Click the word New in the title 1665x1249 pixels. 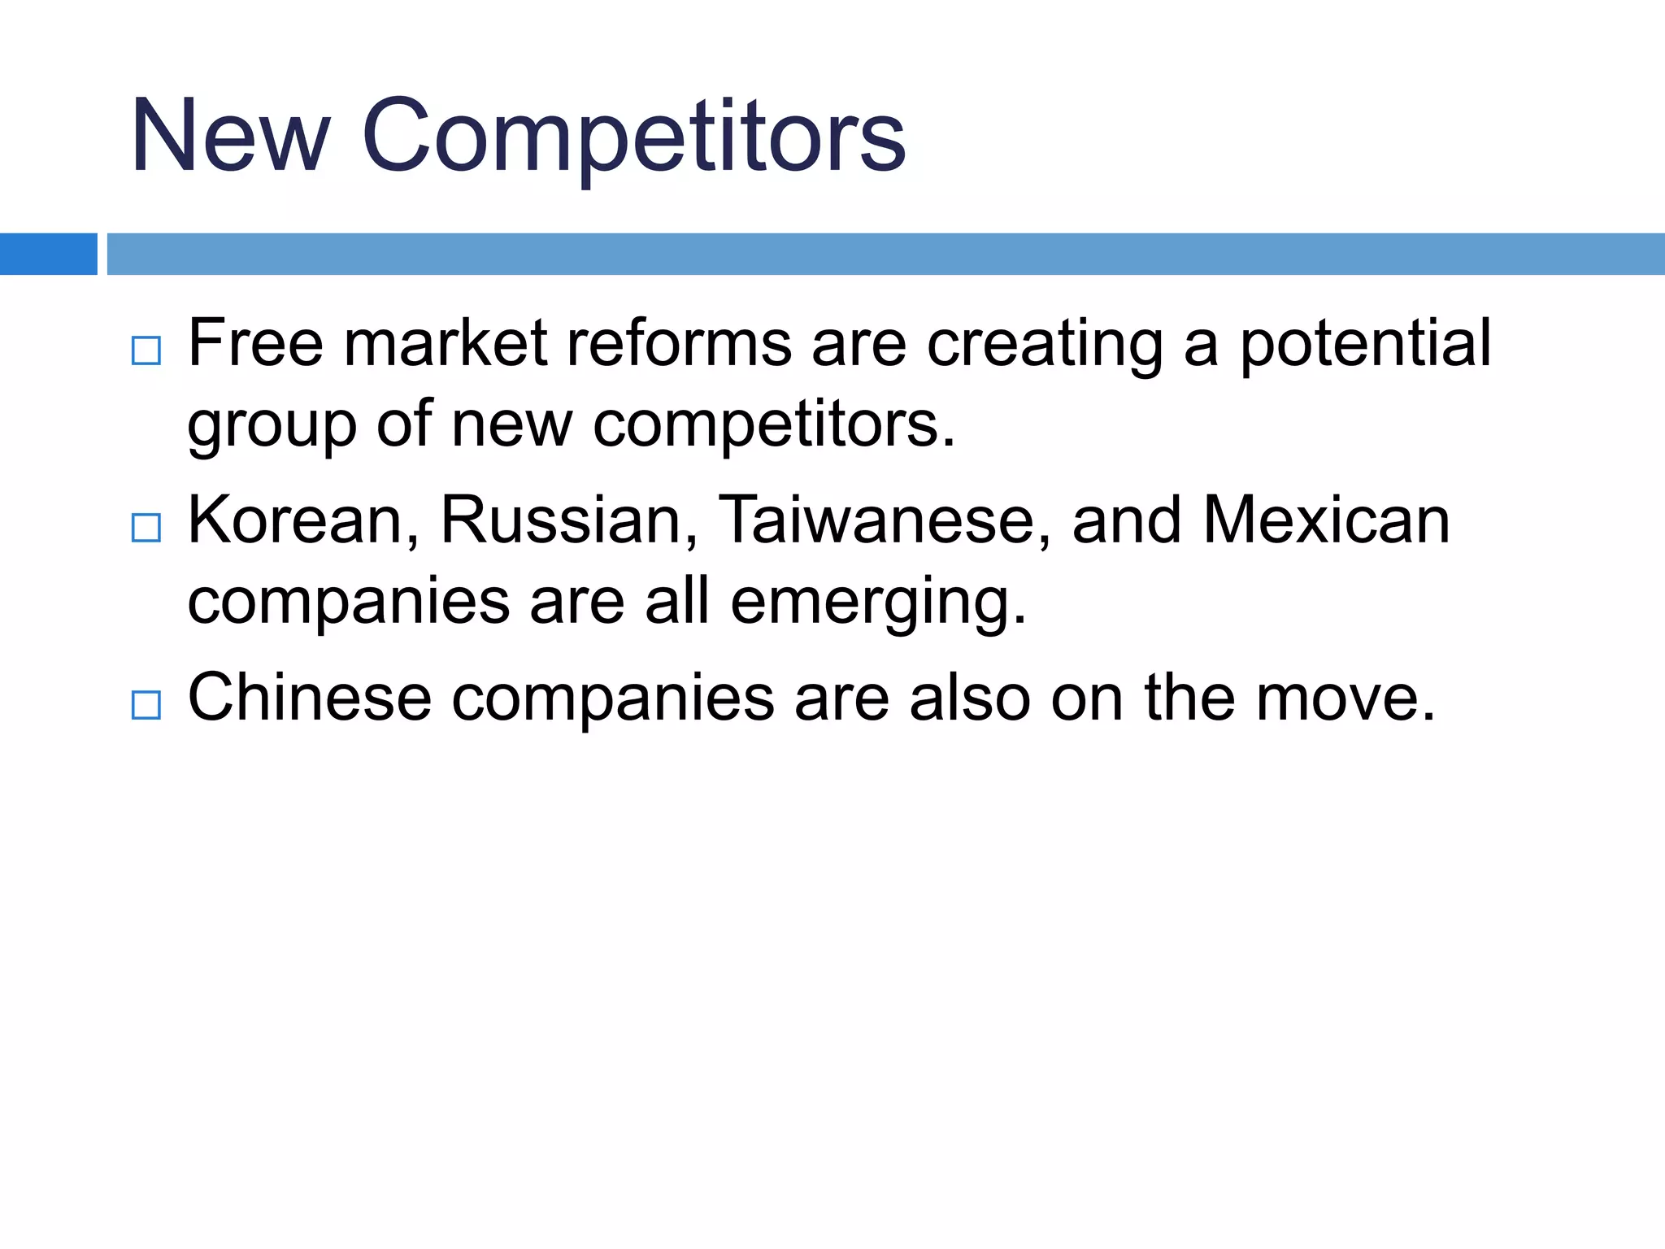point(231,136)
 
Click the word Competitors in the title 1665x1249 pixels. point(633,136)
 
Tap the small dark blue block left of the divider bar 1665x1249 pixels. point(48,254)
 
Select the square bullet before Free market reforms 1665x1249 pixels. point(146,350)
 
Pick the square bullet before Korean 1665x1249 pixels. point(146,528)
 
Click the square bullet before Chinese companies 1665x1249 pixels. point(146,704)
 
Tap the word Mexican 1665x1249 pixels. point(1326,521)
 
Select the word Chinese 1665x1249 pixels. point(310,698)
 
